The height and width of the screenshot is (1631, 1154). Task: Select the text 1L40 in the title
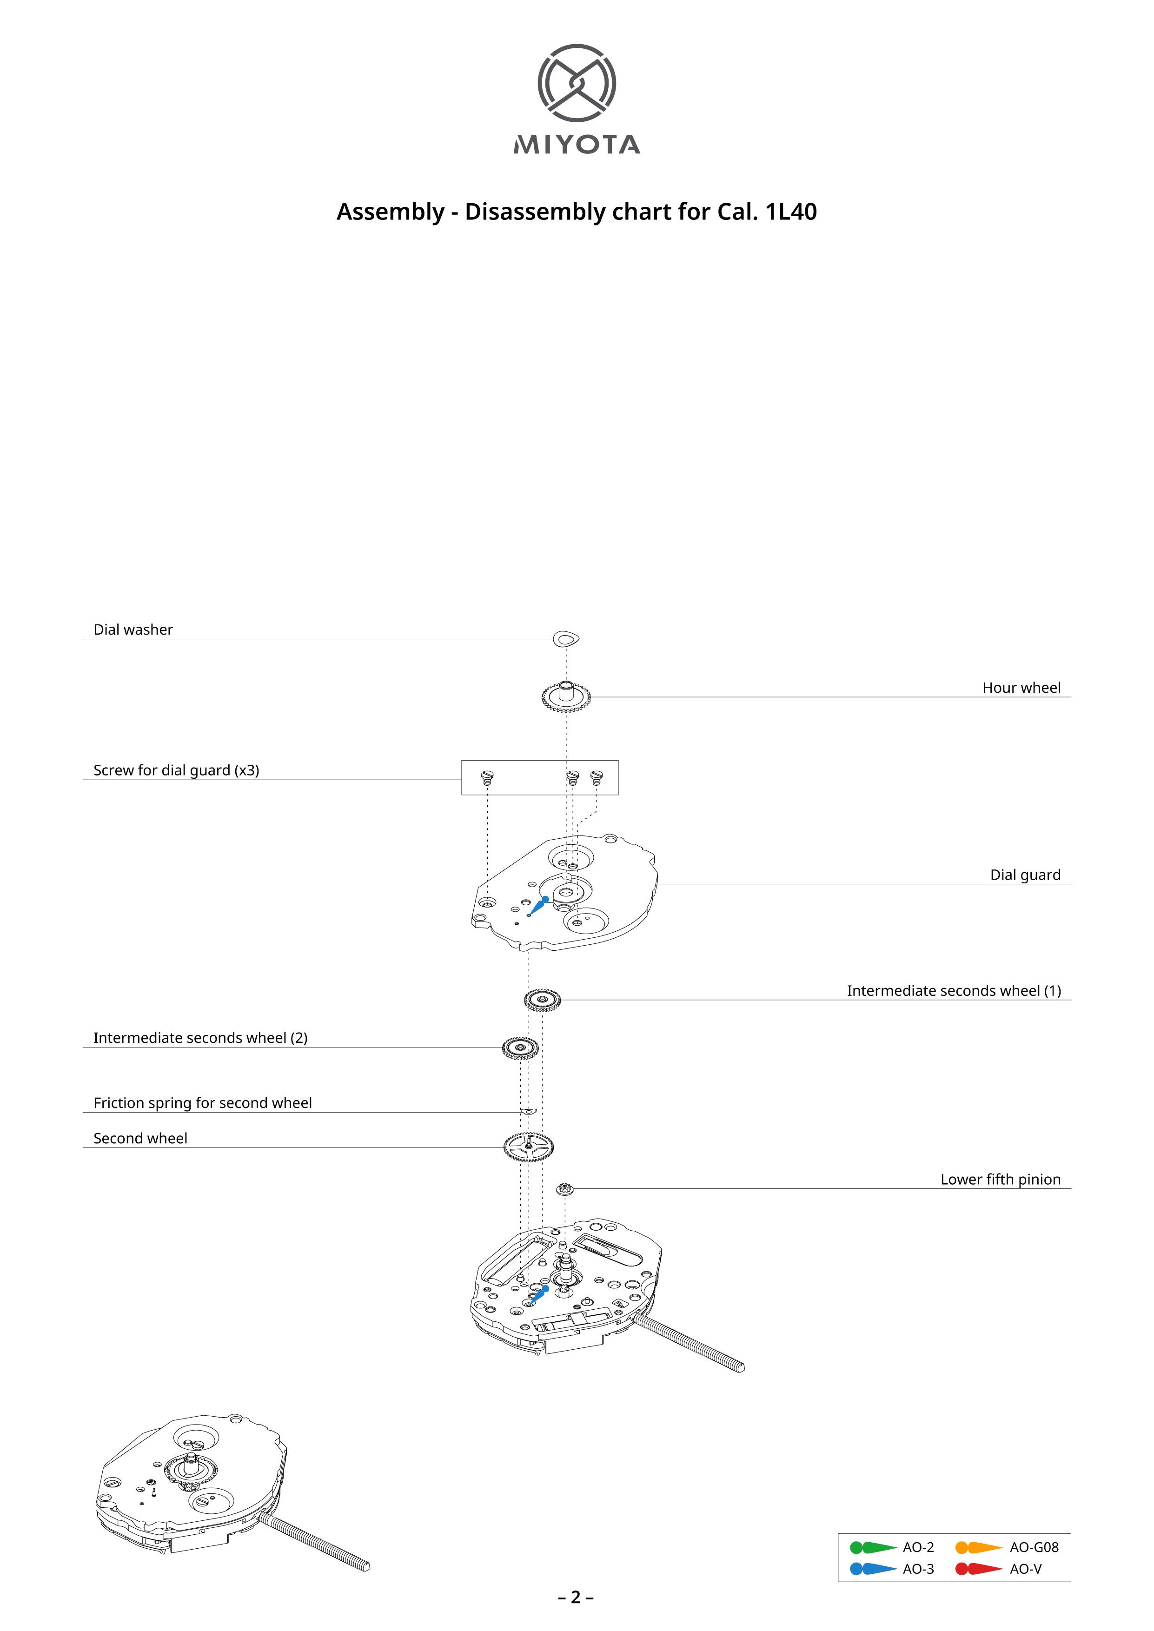click(x=790, y=212)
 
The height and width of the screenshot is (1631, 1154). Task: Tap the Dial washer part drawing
click(x=566, y=639)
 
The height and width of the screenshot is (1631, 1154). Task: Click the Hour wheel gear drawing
click(x=566, y=696)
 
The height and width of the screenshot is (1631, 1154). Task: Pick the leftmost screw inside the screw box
click(x=487, y=777)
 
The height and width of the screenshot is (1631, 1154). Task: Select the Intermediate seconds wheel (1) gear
click(x=542, y=1000)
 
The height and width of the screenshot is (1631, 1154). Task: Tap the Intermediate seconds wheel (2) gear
click(x=520, y=1048)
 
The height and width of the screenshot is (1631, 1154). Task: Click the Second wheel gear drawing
click(x=528, y=1147)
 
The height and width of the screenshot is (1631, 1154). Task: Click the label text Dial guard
click(x=1025, y=875)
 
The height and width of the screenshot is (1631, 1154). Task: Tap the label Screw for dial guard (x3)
click(x=176, y=770)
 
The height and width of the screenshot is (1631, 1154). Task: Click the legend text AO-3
click(x=918, y=1569)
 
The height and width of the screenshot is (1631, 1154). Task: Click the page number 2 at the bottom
click(x=576, y=1598)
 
